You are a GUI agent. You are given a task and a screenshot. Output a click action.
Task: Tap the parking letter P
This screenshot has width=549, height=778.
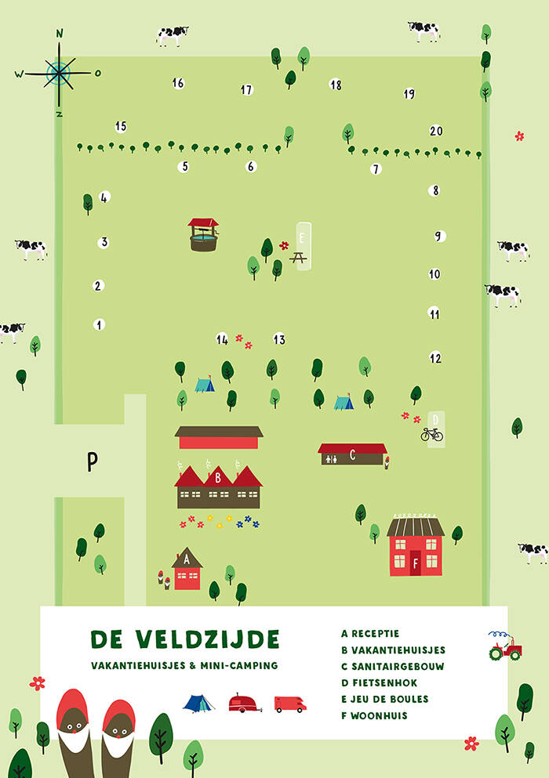(x=92, y=461)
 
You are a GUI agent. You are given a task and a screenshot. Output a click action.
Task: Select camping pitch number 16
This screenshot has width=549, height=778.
(x=178, y=83)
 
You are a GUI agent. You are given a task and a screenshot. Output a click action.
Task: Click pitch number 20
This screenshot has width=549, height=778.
(x=436, y=132)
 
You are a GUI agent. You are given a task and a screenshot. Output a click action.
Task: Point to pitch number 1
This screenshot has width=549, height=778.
(x=99, y=324)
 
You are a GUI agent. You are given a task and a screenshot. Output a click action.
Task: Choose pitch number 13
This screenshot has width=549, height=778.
(x=279, y=339)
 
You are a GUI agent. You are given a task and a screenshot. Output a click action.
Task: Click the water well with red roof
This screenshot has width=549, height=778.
(x=203, y=234)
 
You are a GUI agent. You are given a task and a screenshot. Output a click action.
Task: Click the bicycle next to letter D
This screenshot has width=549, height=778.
(x=431, y=434)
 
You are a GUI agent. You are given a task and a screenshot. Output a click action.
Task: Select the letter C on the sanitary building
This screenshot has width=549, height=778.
(x=352, y=454)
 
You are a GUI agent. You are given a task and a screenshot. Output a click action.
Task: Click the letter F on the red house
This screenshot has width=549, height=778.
(x=415, y=561)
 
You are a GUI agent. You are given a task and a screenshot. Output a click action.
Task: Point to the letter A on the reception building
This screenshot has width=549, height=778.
(x=186, y=560)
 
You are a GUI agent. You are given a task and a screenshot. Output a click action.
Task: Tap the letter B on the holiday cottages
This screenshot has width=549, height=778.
(x=217, y=477)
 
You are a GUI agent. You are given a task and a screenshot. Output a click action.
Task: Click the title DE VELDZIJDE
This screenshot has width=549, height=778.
(x=184, y=640)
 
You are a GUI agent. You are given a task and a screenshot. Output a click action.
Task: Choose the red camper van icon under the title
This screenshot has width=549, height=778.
(x=289, y=704)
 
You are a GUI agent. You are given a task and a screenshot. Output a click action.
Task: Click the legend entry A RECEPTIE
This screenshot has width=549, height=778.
(x=370, y=633)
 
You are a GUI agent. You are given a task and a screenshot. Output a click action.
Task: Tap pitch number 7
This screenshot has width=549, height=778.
(x=376, y=168)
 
